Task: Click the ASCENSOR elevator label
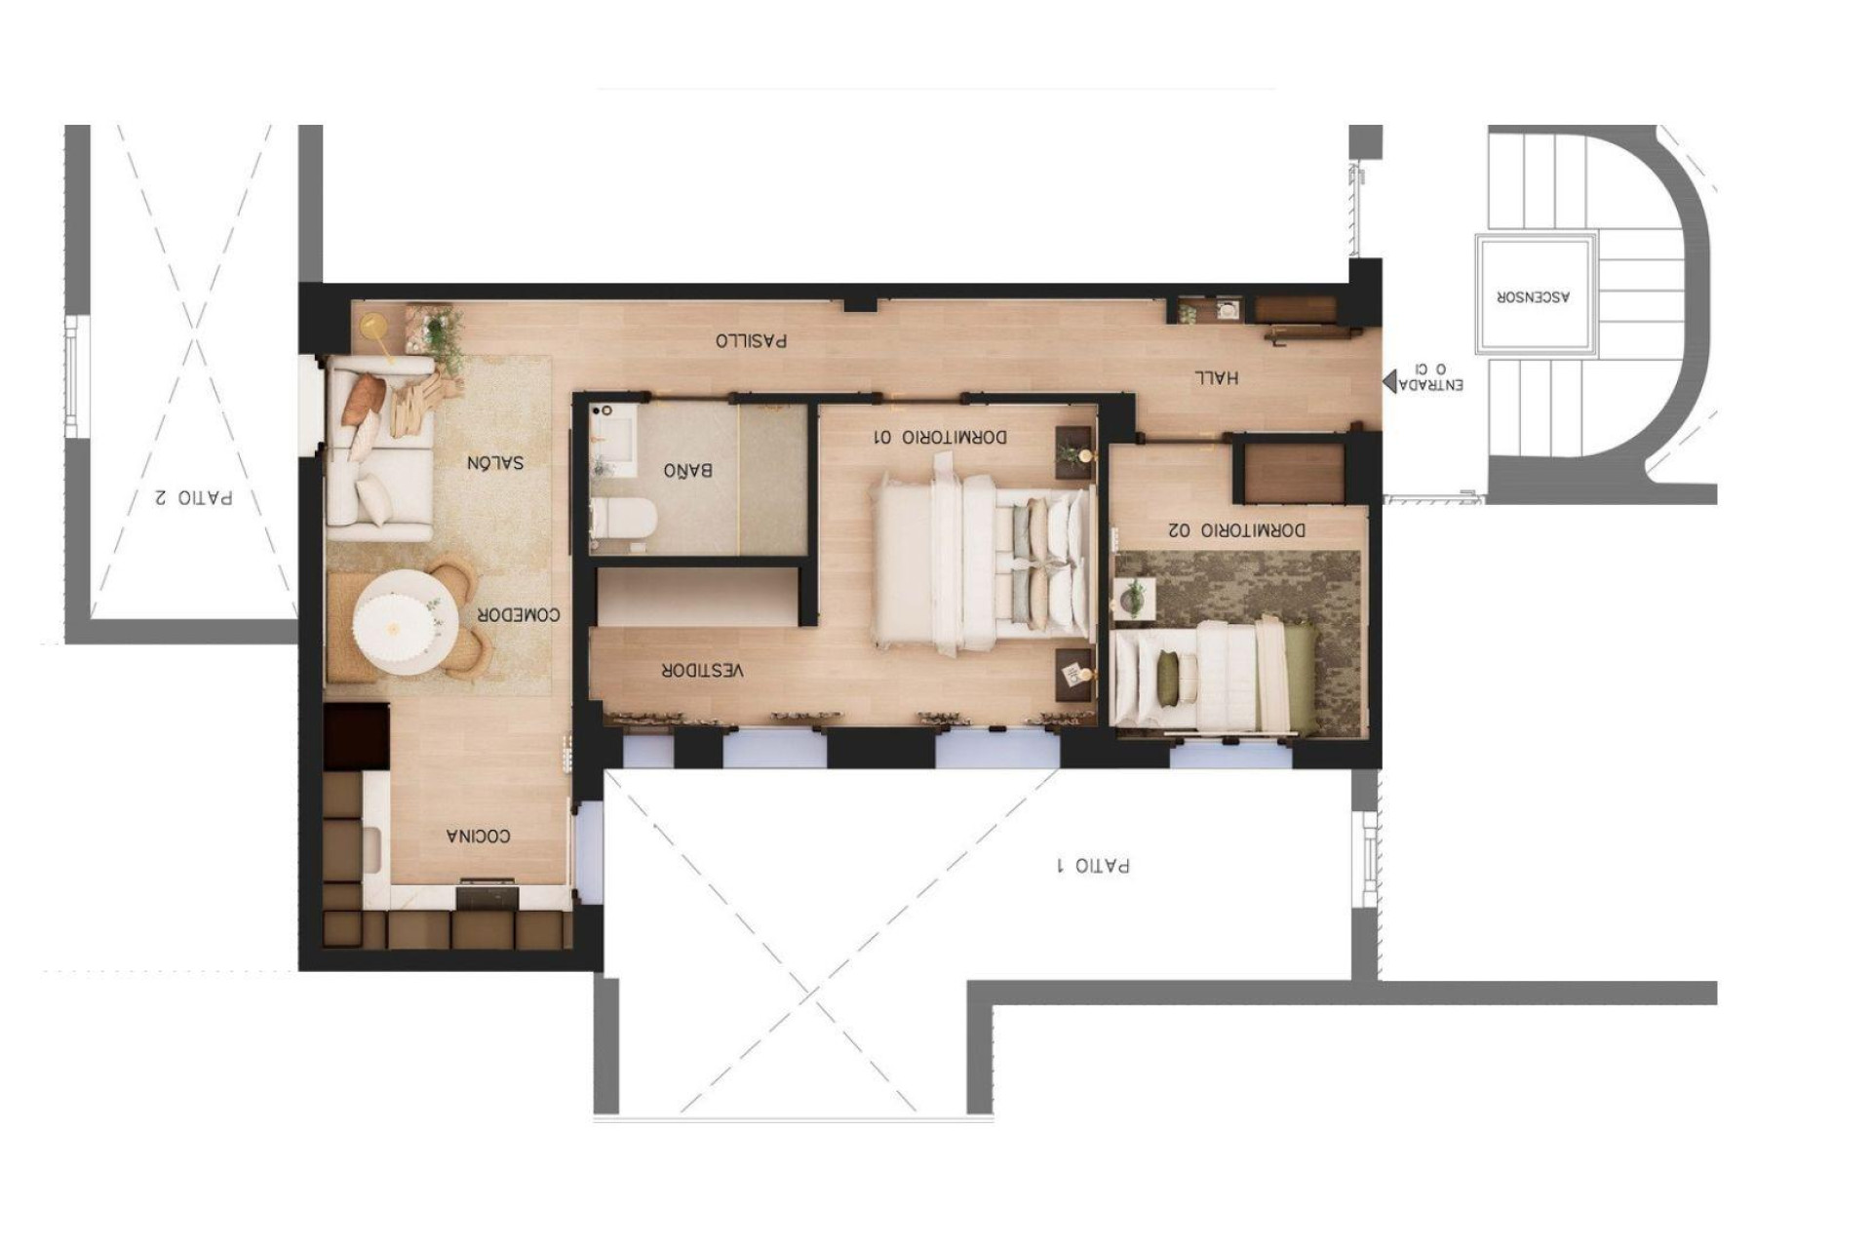pyautogui.click(x=1535, y=296)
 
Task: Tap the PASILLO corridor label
pyautogui.click(x=751, y=340)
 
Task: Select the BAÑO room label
pyautogui.click(x=687, y=471)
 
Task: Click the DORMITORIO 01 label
pyautogui.click(x=939, y=438)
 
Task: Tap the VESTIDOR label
pyautogui.click(x=702, y=671)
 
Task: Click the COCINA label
pyautogui.click(x=478, y=837)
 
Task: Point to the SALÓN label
pyautogui.click(x=494, y=462)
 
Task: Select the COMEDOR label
pyautogui.click(x=519, y=615)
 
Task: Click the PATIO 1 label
pyautogui.click(x=1093, y=866)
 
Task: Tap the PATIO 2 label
pyautogui.click(x=193, y=497)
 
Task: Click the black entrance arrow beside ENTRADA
pyautogui.click(x=1388, y=384)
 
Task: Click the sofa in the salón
pyautogui.click(x=378, y=448)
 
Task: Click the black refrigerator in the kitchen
pyautogui.click(x=356, y=735)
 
